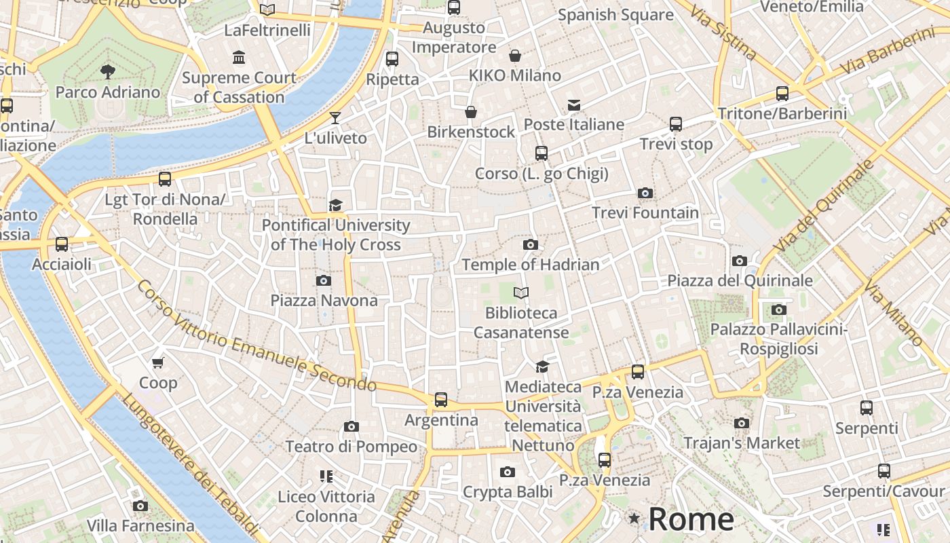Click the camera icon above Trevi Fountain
point(645,193)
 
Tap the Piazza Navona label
point(324,300)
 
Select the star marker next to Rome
point(634,519)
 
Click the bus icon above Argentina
point(441,400)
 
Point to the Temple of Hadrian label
point(530,265)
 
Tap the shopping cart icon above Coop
point(158,362)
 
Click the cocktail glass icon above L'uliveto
point(335,118)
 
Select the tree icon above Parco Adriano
point(107,71)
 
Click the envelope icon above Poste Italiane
point(574,105)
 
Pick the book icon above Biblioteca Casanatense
point(521,293)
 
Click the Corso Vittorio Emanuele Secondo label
point(256,335)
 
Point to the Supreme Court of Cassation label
point(239,87)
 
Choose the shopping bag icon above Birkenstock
point(471,112)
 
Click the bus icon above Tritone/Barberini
point(782,94)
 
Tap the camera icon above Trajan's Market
point(742,424)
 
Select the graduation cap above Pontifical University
point(335,205)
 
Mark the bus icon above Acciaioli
point(62,244)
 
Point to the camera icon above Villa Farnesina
point(140,506)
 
